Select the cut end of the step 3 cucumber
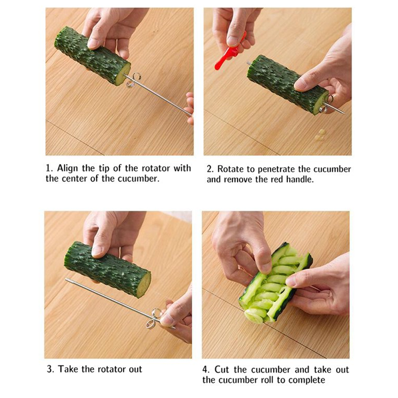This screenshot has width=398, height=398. coord(144,284)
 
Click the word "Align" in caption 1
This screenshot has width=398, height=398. coord(67,168)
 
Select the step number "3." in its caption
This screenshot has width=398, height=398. coord(51,369)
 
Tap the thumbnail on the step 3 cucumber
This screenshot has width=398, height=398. coord(97,251)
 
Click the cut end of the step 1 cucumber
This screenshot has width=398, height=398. coord(122,74)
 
